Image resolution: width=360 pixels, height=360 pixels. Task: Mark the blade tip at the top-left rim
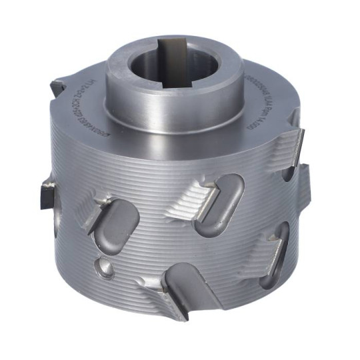click(x=57, y=87)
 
